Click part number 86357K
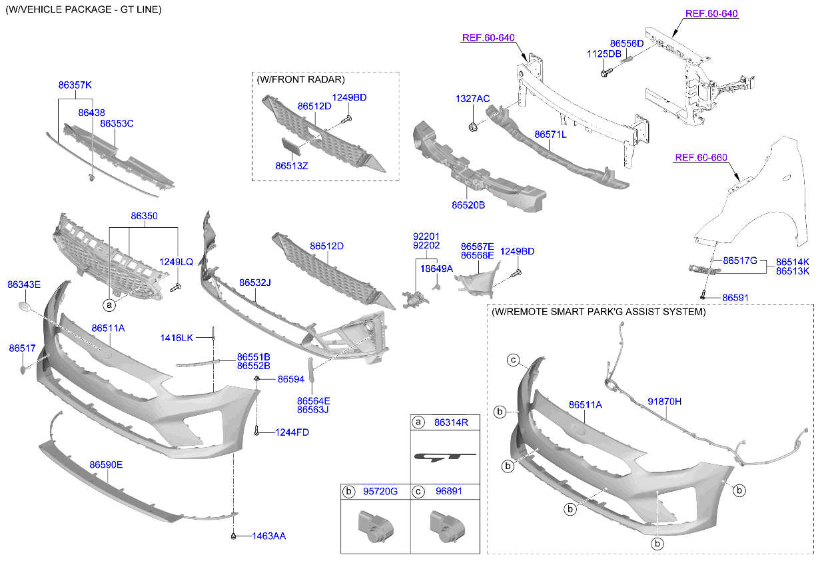[x=75, y=85]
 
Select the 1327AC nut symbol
[x=473, y=127]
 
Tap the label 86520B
[x=468, y=205]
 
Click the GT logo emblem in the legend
[x=445, y=457]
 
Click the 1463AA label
[x=269, y=536]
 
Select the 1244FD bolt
[x=257, y=432]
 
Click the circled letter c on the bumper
[x=514, y=360]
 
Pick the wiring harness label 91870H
[x=664, y=401]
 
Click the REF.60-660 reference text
[x=700, y=158]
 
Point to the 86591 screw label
[x=735, y=297]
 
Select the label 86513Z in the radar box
[x=292, y=165]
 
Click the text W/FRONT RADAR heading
[x=300, y=79]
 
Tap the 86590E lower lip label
[x=107, y=464]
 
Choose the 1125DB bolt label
[x=604, y=53]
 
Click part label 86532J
[x=255, y=283]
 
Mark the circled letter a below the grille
[x=109, y=305]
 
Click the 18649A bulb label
[x=436, y=268]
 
